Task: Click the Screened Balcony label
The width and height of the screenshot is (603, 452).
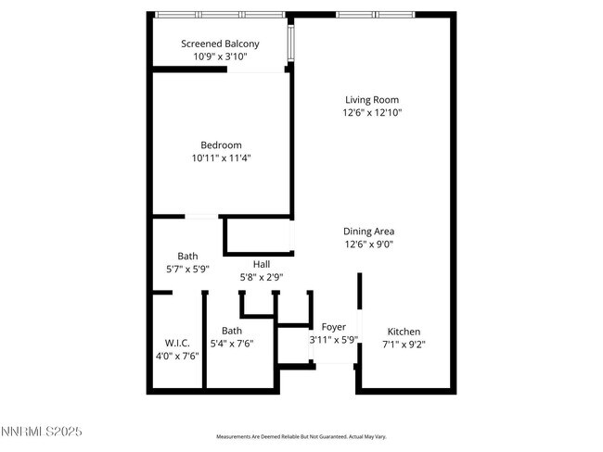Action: point(220,44)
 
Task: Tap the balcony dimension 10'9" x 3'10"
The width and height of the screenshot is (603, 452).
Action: point(220,56)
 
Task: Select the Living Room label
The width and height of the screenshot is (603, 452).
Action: point(371,100)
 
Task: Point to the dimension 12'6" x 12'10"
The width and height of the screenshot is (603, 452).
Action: point(371,113)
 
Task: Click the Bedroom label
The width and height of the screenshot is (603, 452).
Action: point(221,144)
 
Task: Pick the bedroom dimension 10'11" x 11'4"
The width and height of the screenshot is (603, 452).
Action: point(221,157)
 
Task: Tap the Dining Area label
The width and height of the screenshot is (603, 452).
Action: point(369,232)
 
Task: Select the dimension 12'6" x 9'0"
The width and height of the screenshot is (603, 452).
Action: point(369,245)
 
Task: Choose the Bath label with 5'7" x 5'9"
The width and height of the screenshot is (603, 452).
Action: point(187,257)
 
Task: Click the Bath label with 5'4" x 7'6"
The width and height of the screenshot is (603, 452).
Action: point(232,331)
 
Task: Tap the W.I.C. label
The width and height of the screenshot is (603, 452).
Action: point(177,343)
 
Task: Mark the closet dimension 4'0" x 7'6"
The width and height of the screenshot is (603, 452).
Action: point(177,356)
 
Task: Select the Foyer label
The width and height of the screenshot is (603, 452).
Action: point(334,327)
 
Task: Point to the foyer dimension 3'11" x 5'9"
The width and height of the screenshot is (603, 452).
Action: point(334,340)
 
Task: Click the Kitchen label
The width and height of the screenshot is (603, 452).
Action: point(404,332)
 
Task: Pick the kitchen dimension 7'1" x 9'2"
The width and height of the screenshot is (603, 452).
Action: point(404,345)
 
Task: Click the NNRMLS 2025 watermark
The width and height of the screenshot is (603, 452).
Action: point(44,432)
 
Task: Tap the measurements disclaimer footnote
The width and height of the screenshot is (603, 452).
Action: point(301,436)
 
